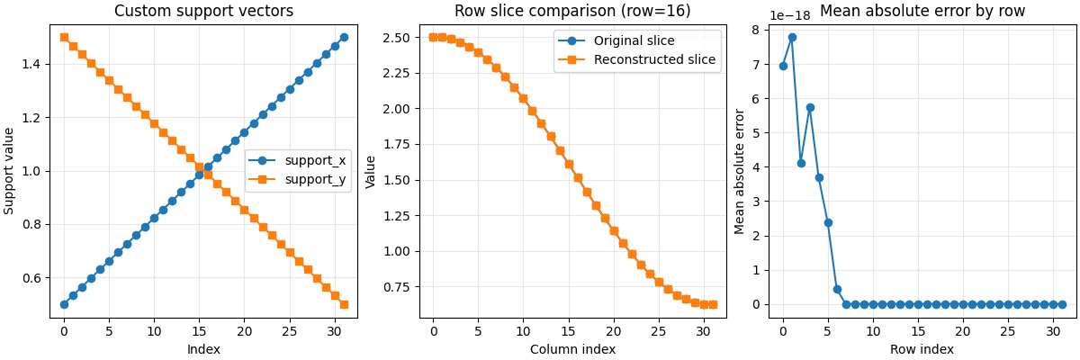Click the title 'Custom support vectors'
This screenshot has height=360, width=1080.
coord(203,12)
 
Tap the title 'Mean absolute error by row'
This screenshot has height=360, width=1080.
coord(922,12)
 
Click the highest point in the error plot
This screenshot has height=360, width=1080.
coord(792,38)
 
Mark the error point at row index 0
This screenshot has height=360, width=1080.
coord(783,66)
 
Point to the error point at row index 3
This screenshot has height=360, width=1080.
coord(810,107)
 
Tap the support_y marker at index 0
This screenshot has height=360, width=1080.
coord(64,38)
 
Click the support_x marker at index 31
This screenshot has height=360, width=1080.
coord(344,38)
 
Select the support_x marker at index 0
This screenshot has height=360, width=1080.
coord(64,304)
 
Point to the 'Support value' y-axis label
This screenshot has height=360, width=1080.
coord(10,170)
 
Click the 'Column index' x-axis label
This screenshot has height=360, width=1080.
coord(572,349)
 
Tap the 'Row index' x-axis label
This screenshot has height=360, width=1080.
coord(922,349)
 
